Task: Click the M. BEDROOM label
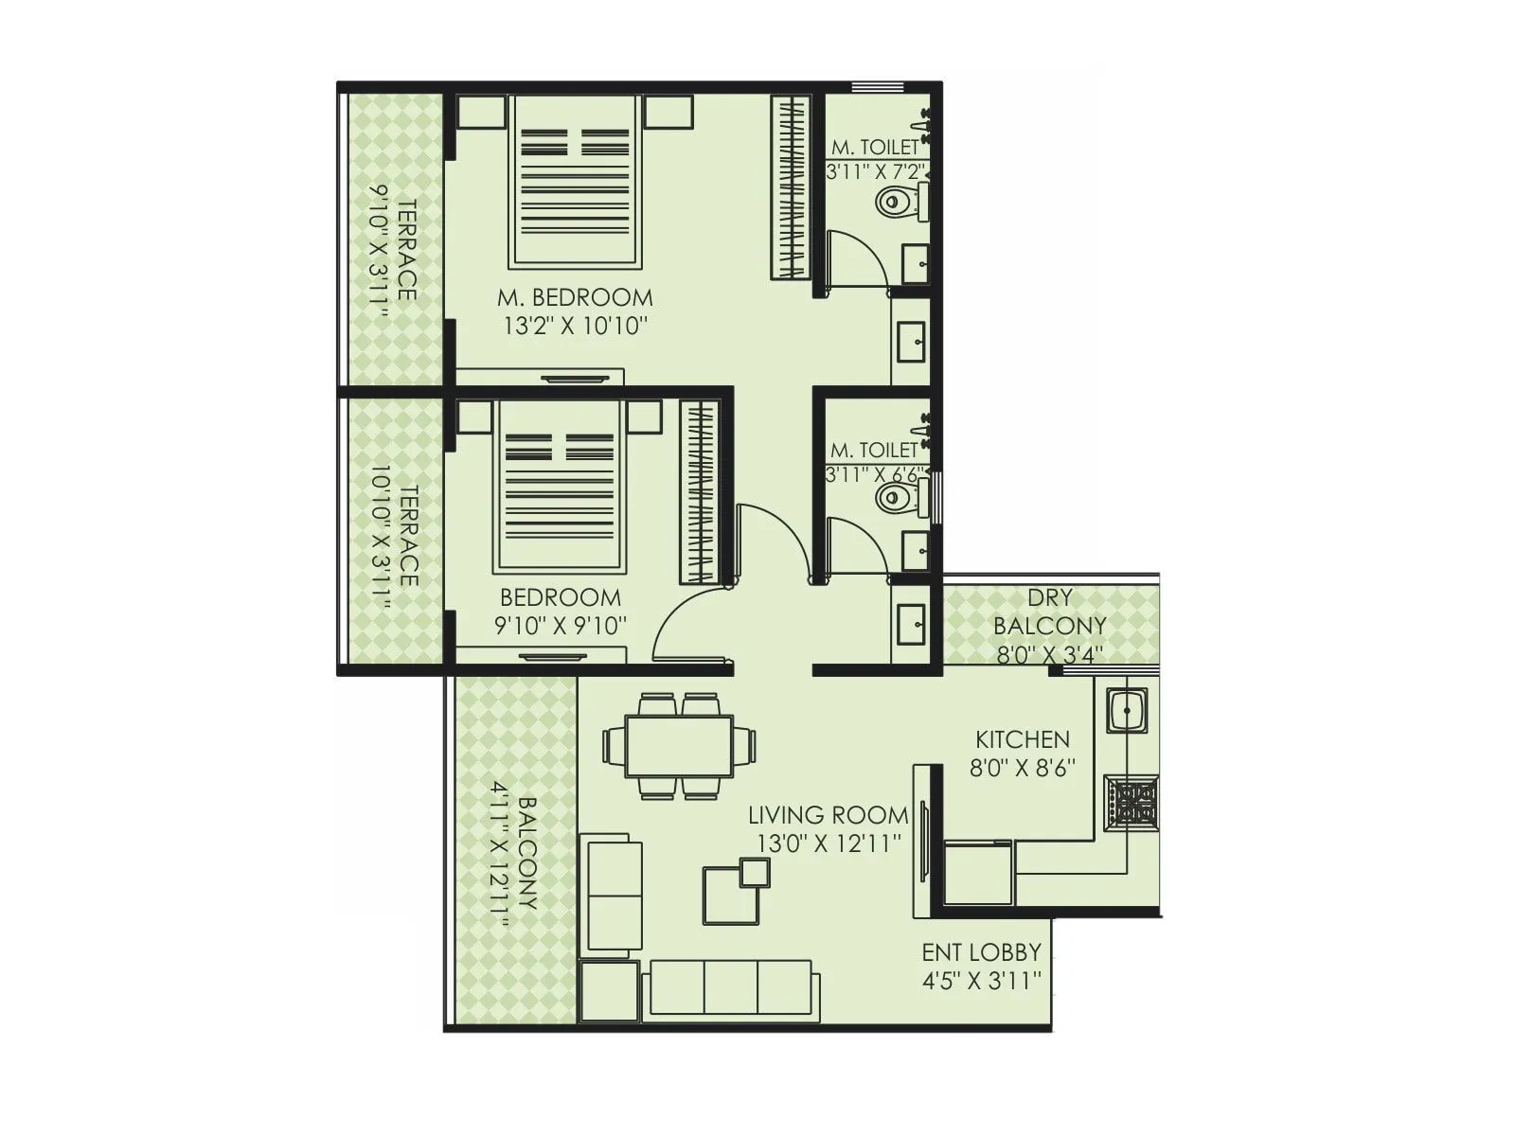coord(575,297)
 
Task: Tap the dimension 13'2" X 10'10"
coord(575,327)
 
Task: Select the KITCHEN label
coord(1023,739)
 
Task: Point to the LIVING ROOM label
coord(828,814)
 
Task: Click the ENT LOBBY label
coord(982,951)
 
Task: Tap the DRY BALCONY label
coord(1049,612)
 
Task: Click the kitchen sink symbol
coord(1127,709)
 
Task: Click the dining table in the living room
coord(679,746)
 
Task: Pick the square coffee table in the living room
coord(734,893)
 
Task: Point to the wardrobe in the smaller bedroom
coord(702,492)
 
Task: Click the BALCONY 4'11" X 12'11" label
coord(516,852)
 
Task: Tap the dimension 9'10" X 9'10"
coord(561,626)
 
